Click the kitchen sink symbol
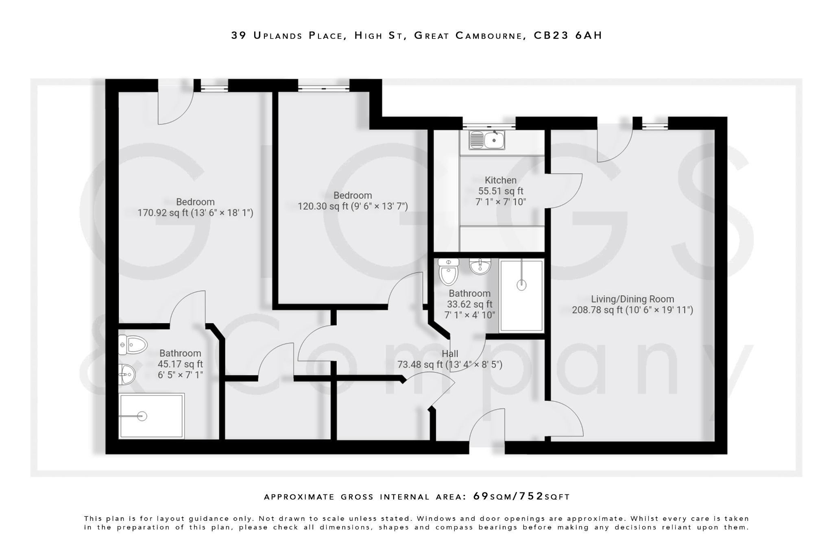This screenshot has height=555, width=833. click(487, 140)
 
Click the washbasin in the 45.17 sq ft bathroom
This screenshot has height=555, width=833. click(127, 374)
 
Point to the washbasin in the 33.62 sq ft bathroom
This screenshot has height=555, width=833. click(480, 266)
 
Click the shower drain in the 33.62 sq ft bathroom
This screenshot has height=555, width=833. click(521, 285)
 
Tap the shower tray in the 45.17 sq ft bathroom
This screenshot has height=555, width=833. click(151, 416)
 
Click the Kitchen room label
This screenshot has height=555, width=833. click(500, 180)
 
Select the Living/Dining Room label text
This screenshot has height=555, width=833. click(632, 299)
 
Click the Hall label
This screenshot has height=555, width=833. click(450, 354)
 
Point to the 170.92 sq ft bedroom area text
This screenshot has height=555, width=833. click(195, 213)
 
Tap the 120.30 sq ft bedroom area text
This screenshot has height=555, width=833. click(353, 206)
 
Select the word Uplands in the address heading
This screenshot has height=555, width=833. click(278, 35)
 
